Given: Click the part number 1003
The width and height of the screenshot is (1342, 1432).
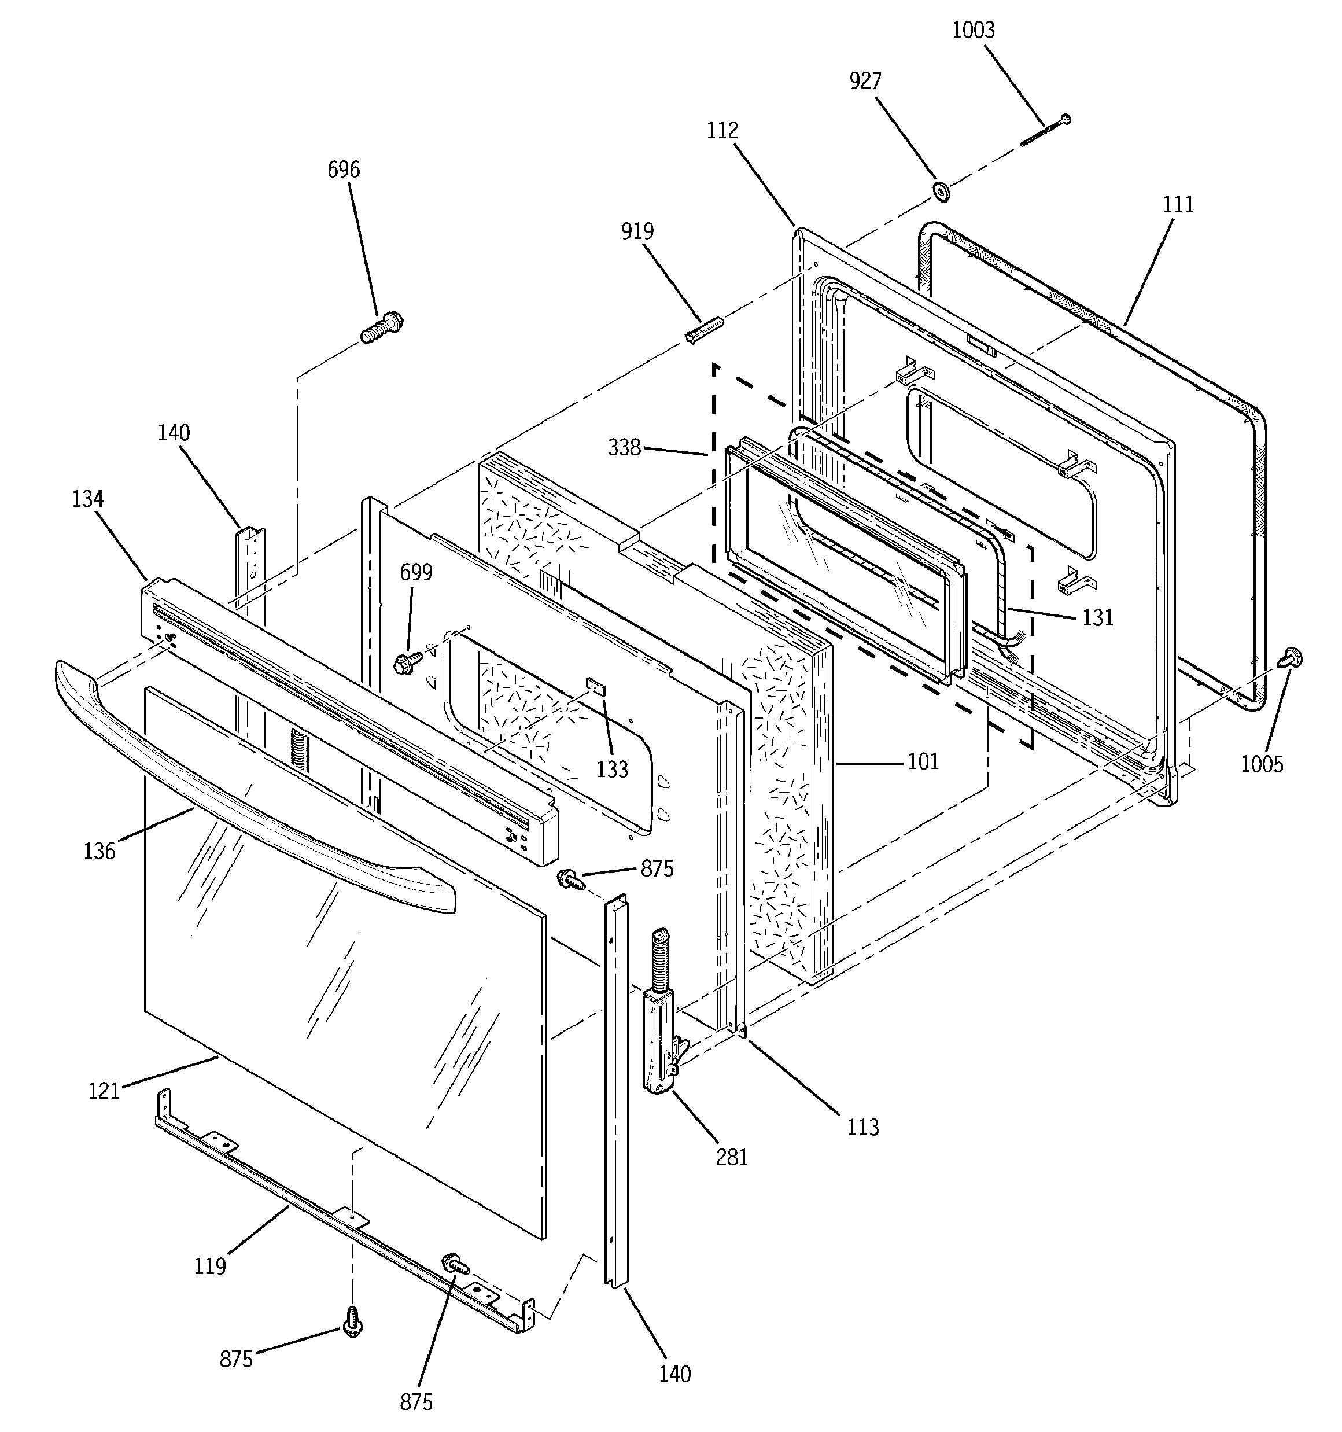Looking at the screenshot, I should click(x=973, y=30).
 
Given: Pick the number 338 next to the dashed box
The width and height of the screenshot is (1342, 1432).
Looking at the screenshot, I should click(x=624, y=448).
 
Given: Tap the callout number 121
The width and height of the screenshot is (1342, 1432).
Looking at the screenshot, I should click(x=104, y=1091).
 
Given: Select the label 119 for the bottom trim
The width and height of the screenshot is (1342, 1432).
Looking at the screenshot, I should click(x=209, y=1265).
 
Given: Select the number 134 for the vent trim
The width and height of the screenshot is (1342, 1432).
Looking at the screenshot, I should click(x=87, y=499).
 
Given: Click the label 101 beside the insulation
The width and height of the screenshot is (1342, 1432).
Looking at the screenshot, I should click(x=923, y=761).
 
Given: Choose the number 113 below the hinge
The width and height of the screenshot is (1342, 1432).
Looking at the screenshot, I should click(x=863, y=1127).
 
